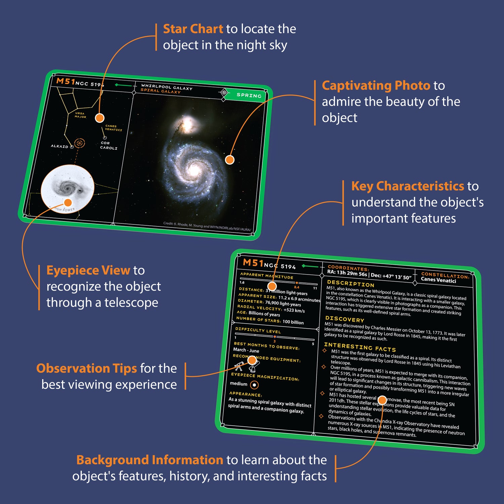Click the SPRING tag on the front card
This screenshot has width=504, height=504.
click(249, 95)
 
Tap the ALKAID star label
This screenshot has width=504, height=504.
click(59, 146)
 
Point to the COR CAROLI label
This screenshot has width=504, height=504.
click(108, 145)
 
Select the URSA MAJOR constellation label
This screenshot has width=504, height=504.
click(80, 115)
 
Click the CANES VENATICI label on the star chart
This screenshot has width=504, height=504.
click(113, 128)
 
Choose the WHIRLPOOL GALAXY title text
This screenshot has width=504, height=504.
click(167, 87)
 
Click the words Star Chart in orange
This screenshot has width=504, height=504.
click(193, 29)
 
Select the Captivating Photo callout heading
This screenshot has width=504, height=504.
click(376, 86)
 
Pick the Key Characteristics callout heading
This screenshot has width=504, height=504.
click(408, 186)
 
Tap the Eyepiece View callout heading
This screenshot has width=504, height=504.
click(88, 270)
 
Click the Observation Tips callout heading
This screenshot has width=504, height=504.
click(86, 369)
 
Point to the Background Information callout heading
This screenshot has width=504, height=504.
click(150, 460)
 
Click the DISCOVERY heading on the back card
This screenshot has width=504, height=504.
click(344, 319)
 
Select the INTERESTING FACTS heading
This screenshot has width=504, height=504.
click(360, 347)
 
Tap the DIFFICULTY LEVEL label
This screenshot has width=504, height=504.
click(258, 330)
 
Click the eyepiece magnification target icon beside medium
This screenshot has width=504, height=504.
click(254, 385)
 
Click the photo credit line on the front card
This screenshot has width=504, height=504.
click(207, 226)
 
